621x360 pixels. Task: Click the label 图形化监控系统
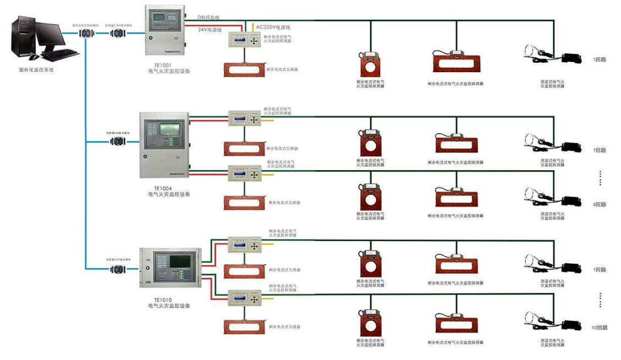click(x=37, y=70)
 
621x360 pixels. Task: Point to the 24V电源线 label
click(x=210, y=30)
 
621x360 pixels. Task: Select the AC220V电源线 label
click(x=273, y=26)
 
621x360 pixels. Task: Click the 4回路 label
click(x=599, y=204)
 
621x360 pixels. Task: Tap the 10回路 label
click(x=599, y=328)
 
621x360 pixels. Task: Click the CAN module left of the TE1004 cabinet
click(x=117, y=141)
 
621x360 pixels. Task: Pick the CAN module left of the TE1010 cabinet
click(x=117, y=269)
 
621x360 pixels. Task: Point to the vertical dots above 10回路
click(x=600, y=300)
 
